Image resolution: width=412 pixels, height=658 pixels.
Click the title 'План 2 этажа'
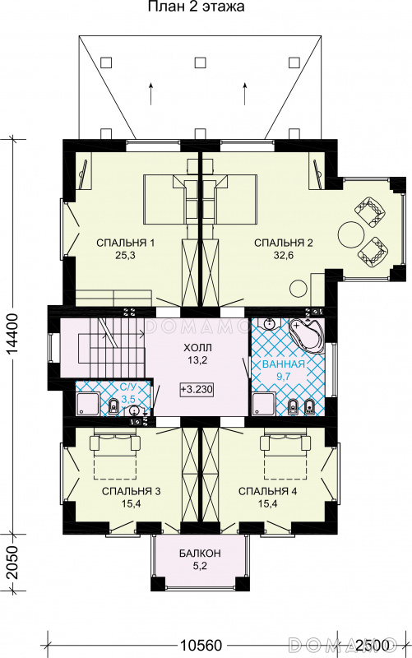point(196,7)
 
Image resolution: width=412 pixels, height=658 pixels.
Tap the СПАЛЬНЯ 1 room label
point(126,243)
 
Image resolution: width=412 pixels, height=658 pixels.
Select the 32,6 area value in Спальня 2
point(283,255)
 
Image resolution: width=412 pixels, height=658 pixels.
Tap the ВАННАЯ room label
point(283,364)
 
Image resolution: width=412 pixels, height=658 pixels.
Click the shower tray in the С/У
point(88,404)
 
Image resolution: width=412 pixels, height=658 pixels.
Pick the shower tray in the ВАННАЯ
point(264,404)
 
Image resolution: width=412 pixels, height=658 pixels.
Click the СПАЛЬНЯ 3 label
point(132,491)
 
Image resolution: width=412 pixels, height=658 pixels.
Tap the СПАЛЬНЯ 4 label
point(267,491)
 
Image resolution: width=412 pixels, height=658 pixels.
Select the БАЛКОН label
point(200,554)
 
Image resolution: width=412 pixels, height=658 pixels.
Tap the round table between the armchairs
point(350,234)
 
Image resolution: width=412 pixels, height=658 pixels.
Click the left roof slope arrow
point(150,94)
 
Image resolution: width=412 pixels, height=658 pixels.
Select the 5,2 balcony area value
point(200,566)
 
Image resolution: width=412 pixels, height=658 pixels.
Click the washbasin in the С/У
point(133,410)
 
